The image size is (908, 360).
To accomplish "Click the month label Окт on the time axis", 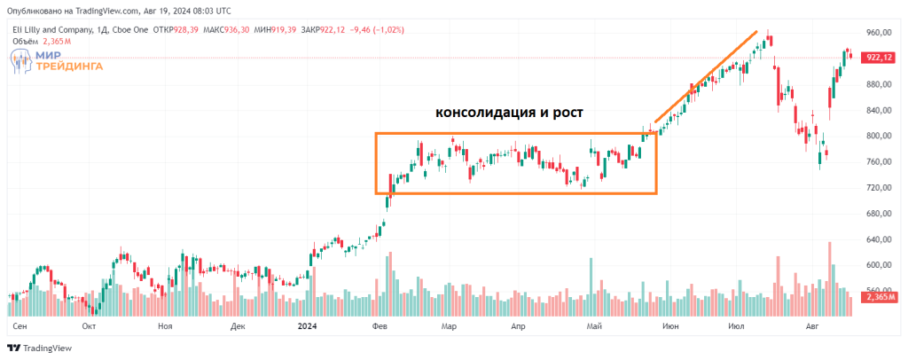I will (x=89, y=326).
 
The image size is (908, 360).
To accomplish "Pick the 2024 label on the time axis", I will (x=307, y=326).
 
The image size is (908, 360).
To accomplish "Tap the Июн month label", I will (x=671, y=326).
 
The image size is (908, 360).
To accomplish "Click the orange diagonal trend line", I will (x=706, y=77).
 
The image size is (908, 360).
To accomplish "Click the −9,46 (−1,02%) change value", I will (x=377, y=29).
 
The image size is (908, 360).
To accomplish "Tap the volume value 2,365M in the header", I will (x=51, y=41).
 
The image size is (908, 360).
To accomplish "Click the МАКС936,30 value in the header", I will (x=226, y=29).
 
